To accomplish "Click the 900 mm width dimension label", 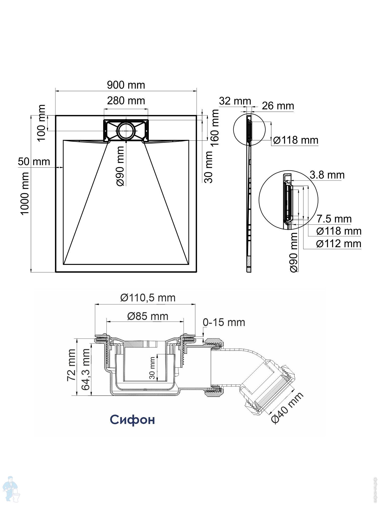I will [x=126, y=85].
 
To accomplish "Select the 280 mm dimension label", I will [x=126, y=101].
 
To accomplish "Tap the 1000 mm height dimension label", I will [x=25, y=193].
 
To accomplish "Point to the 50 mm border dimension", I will [x=34, y=162].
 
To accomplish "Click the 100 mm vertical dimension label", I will [x=41, y=123].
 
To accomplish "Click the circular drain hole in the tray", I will [x=126, y=131].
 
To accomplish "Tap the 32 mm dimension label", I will [x=235, y=101].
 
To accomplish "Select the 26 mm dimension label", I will [x=278, y=106].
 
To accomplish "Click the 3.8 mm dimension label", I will [x=327, y=175].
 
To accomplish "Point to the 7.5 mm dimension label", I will [x=334, y=219].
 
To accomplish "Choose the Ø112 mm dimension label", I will [x=339, y=244].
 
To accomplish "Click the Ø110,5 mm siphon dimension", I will [x=148, y=298].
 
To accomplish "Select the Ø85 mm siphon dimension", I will [x=148, y=316].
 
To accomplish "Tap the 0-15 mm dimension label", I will [x=224, y=322].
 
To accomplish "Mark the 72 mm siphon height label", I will [x=71, y=365].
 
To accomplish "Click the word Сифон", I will [x=132, y=419].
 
